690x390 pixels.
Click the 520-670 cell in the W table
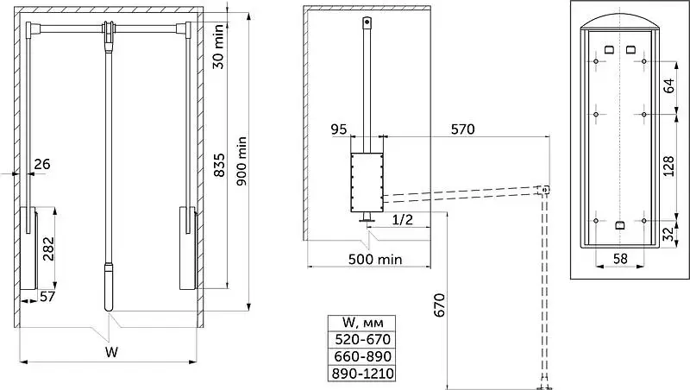362,339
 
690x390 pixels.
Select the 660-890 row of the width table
362,356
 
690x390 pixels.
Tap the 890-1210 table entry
362,374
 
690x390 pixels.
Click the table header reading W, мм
362,323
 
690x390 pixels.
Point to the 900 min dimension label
241,160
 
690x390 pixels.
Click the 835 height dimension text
219,165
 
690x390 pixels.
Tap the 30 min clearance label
218,47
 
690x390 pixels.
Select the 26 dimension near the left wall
42,164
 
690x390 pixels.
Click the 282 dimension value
48,248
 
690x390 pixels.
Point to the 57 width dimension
47,297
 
